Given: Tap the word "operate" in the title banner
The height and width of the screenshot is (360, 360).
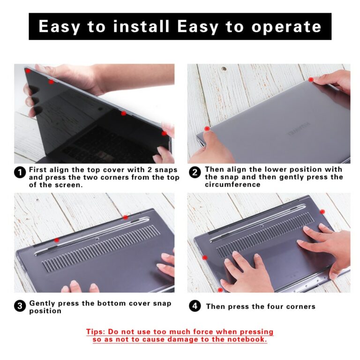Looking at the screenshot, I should (286, 27).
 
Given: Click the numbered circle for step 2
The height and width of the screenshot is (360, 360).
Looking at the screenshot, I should (195, 172).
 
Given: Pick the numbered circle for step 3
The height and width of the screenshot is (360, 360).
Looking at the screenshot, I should (20, 307).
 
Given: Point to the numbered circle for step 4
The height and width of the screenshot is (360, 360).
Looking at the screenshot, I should (195, 307).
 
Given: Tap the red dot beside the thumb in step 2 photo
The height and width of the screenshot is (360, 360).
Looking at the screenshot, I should (207, 128).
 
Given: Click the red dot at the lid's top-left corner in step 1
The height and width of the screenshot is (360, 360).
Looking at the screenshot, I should (28, 71).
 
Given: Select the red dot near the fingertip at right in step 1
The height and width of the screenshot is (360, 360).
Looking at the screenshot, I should (164, 133).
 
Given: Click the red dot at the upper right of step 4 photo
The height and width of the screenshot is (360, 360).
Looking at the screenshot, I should (322, 212).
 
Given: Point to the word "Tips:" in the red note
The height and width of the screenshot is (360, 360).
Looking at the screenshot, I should (97, 332).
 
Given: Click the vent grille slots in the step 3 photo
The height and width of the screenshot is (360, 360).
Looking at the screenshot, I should (101, 249).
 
